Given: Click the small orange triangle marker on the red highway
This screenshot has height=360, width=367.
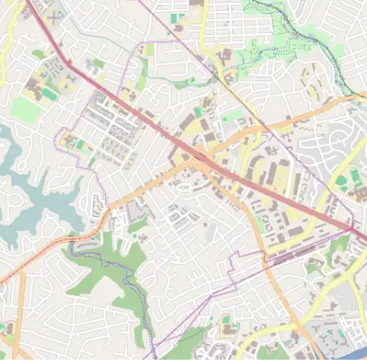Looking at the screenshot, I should (x=69, y=61).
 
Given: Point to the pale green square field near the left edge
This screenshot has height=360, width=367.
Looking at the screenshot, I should (x=25, y=110).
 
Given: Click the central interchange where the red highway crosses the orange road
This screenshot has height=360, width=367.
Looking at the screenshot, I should (x=200, y=156).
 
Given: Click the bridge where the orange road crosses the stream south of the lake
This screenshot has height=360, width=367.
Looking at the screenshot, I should (x=71, y=239).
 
